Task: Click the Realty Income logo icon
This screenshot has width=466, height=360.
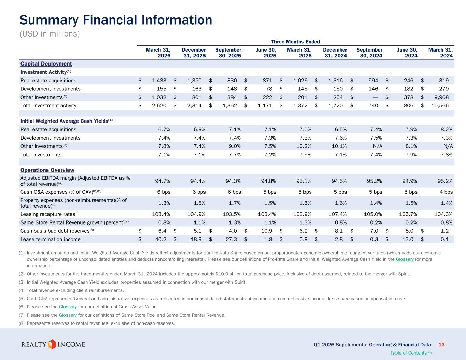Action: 52,344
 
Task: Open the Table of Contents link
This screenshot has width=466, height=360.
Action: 408,353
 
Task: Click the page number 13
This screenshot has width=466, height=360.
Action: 441,345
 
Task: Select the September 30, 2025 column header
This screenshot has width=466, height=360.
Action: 228,53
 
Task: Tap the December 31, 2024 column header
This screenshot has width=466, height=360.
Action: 335,53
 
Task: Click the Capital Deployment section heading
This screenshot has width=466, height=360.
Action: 46,64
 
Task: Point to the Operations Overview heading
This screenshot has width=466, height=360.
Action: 47,170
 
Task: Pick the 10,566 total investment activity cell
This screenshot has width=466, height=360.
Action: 440,105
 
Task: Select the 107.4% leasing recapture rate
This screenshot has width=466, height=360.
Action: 338,214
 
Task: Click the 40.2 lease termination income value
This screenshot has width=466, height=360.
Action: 160,239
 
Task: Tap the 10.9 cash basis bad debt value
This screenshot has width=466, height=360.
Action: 267,231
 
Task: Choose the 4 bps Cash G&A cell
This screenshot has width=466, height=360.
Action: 446,192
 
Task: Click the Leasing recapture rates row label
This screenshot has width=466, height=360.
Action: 48,214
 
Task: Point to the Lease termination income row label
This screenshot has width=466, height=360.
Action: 51,239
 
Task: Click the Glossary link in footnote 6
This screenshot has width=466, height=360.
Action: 68,307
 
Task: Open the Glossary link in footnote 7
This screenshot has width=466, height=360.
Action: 68,315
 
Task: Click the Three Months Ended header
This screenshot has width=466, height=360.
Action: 295,42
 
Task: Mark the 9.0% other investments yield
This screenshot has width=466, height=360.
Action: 235,146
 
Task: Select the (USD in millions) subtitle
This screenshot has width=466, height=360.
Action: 50,34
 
